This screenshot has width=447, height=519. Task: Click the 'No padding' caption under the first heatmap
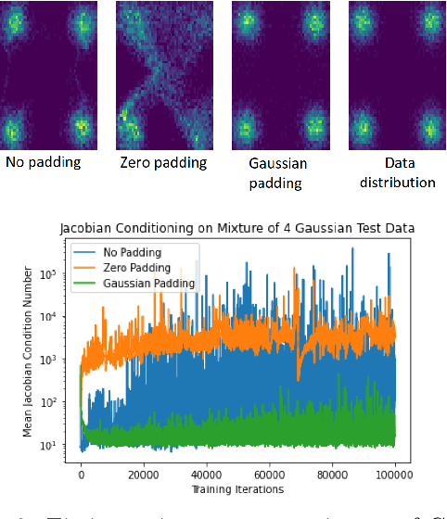[43, 162]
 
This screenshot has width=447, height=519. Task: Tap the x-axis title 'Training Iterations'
[237, 488]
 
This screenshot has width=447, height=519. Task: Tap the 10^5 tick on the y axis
[52, 275]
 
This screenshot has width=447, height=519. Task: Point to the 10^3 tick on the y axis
[52, 360]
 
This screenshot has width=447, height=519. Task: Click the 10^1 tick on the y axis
[52, 445]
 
